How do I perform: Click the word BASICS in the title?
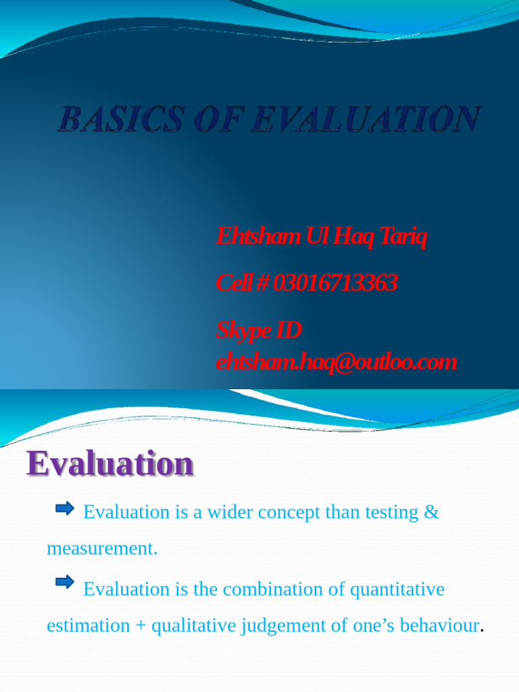point(120,120)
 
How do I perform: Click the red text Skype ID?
point(258,330)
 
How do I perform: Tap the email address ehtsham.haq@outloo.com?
point(336,362)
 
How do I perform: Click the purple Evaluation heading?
point(110,464)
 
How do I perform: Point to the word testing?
point(391,512)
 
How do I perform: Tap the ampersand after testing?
point(431,512)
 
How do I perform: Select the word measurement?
point(101,549)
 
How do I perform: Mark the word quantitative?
point(397,589)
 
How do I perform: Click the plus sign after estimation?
point(141,626)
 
